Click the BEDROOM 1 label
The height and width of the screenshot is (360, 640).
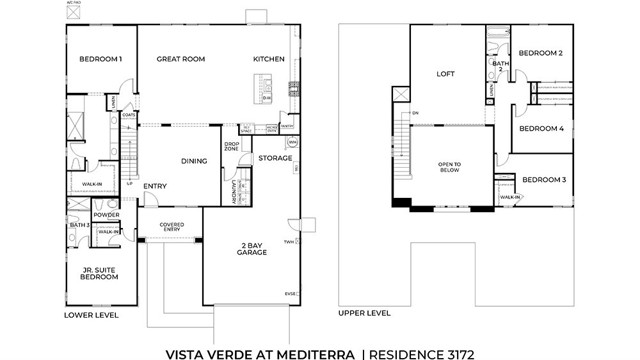(x=100, y=59)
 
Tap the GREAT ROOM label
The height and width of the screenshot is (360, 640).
(x=181, y=59)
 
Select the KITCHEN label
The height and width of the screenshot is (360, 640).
(x=270, y=59)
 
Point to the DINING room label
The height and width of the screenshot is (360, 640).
(x=194, y=160)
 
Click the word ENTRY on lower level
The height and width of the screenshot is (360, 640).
(x=155, y=186)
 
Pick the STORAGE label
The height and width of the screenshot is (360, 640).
(x=275, y=158)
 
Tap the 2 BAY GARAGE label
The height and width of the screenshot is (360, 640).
(x=251, y=249)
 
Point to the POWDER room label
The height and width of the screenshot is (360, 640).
(x=106, y=215)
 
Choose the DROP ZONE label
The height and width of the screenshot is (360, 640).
(x=231, y=147)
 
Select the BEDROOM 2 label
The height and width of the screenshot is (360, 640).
(x=541, y=53)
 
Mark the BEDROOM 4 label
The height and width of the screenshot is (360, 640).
(x=541, y=128)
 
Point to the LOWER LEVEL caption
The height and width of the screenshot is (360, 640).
(x=91, y=314)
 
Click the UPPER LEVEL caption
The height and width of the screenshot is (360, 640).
(x=365, y=313)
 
